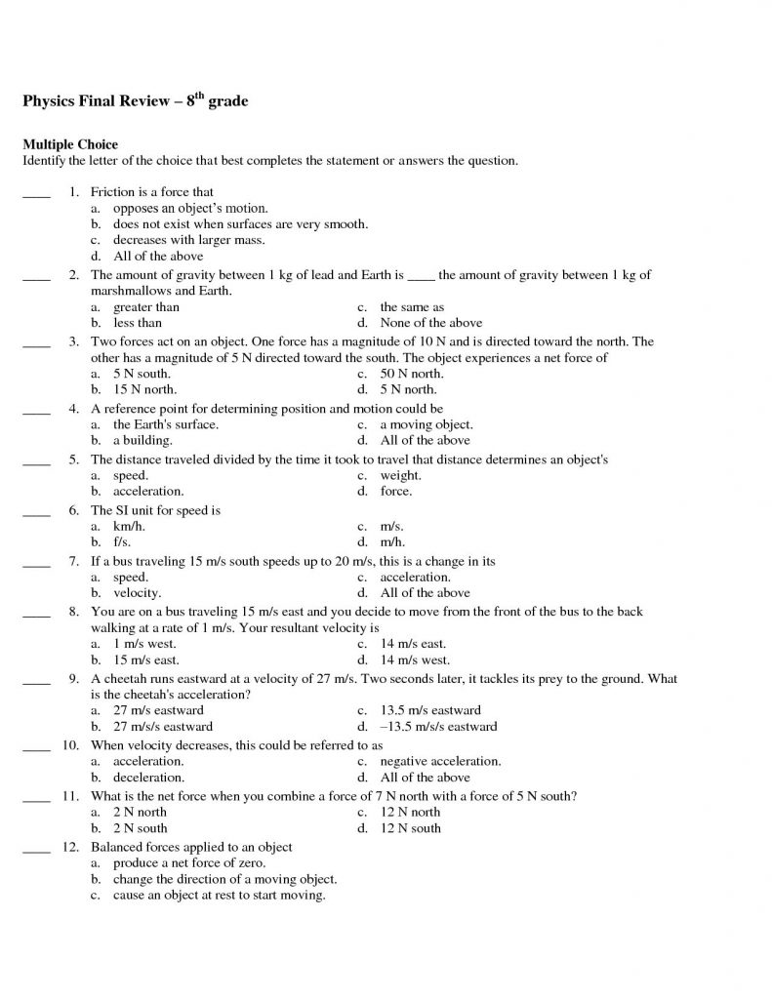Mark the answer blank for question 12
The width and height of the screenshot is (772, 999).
[35, 848]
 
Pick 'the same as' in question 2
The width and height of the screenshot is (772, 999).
[412, 307]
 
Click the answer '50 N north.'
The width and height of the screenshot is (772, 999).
[411, 374]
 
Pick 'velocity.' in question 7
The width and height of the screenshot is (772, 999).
[138, 592]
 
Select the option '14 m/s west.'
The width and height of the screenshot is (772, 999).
[413, 659]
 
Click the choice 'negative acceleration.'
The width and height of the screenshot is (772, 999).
[440, 761]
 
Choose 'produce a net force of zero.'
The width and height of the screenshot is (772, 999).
[189, 863]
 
